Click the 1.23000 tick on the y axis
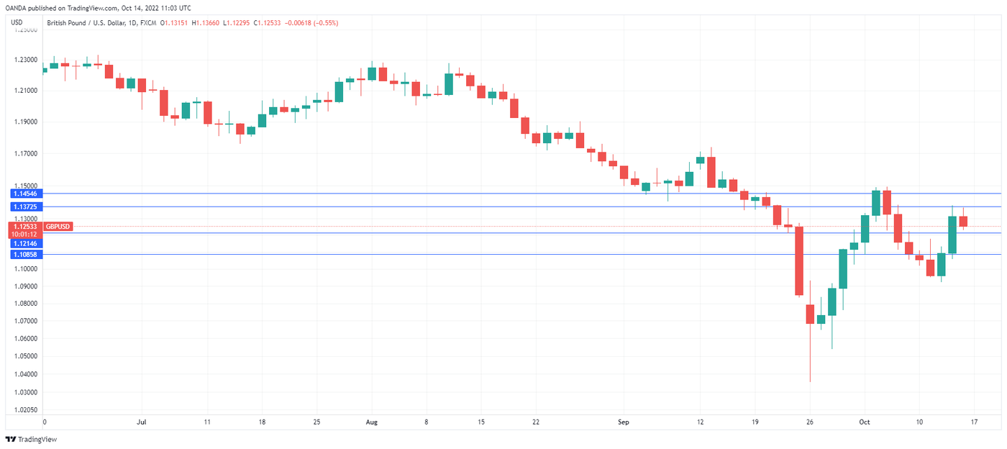tap(25, 60)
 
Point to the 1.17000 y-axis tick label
tap(25, 154)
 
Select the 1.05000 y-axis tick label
tap(25, 356)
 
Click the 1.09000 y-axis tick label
tap(25, 286)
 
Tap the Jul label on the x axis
tap(141, 422)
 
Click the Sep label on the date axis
tap(623, 422)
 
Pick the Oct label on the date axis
tap(864, 422)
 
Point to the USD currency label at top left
tap(17, 22)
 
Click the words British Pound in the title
tap(69, 23)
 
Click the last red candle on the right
tap(963, 221)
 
